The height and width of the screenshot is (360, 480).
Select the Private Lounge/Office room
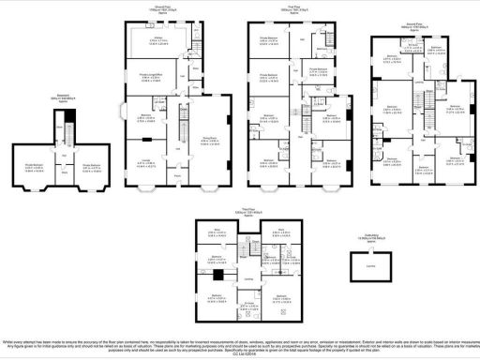click(x=161, y=77)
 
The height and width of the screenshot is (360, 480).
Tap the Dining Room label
click(x=211, y=142)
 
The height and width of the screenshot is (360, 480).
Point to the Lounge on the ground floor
click(x=145, y=162)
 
